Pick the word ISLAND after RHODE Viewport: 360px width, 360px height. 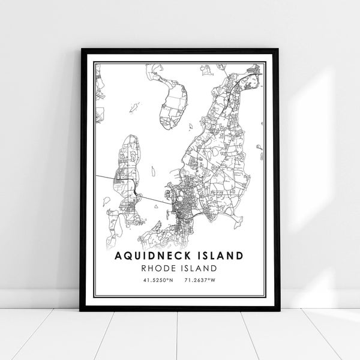point(199,268)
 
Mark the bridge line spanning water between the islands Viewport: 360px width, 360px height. point(153,197)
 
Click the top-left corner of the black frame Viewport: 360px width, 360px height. point(82,50)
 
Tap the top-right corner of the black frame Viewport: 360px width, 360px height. point(277,50)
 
